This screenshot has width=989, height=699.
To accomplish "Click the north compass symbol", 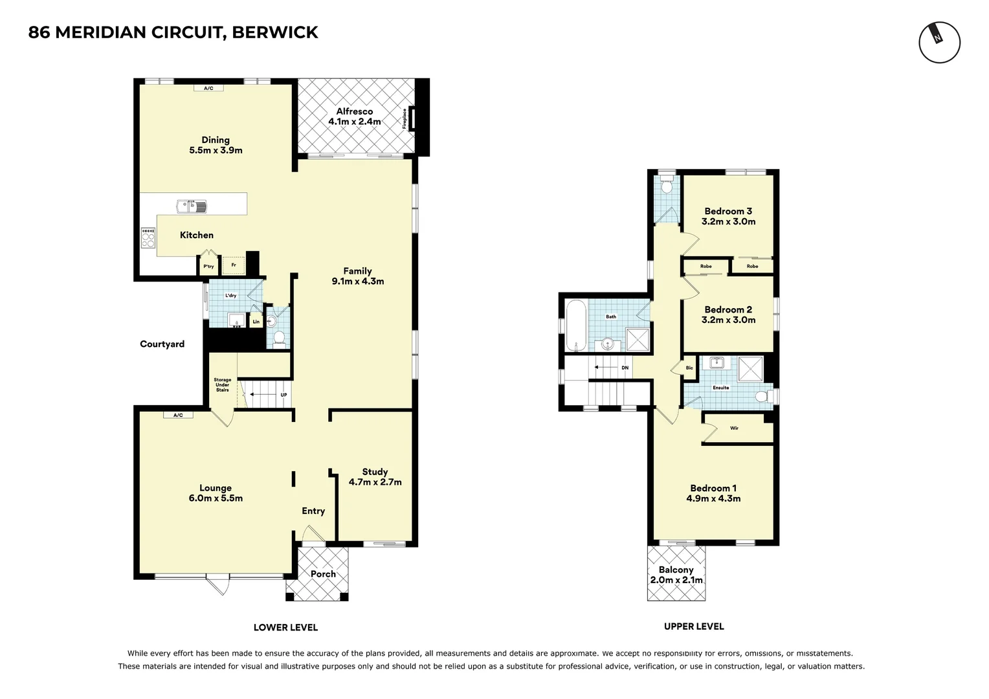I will pyautogui.click(x=939, y=43).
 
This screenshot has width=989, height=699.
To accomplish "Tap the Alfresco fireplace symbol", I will pyautogui.click(x=412, y=118).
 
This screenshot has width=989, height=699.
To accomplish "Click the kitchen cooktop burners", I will pyautogui.click(x=148, y=239).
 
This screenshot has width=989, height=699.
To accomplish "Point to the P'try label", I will pyautogui.click(x=208, y=266).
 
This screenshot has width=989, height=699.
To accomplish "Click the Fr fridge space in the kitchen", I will pyautogui.click(x=234, y=265).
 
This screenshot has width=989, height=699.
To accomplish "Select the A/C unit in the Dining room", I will pyautogui.click(x=208, y=88).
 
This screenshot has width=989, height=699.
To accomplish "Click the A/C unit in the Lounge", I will pyautogui.click(x=178, y=415).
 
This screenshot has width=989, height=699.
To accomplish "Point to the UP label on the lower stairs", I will pyautogui.click(x=283, y=395).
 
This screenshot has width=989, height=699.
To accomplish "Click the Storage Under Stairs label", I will pyautogui.click(x=222, y=385).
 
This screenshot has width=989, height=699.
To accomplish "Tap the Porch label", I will pyautogui.click(x=323, y=574).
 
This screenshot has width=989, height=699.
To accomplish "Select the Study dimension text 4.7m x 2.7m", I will pyautogui.click(x=375, y=482).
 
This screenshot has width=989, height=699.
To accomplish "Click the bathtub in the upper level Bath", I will pyautogui.click(x=576, y=326).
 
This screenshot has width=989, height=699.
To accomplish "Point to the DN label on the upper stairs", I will pyautogui.click(x=625, y=368).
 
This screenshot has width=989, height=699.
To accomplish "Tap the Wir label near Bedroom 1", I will pyautogui.click(x=734, y=428).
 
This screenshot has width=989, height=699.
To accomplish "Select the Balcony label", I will pyautogui.click(x=676, y=570).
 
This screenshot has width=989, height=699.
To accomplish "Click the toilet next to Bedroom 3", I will pyautogui.click(x=667, y=186).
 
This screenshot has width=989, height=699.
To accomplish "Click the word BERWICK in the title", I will pyautogui.click(x=274, y=32).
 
